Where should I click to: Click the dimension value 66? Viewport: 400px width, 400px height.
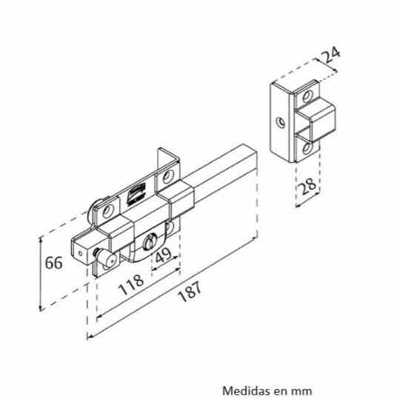pos(53,263)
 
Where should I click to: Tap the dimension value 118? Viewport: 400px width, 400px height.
pos(131,284)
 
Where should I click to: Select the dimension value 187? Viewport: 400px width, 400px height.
pos(190,292)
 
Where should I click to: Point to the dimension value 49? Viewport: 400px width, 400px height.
pos(164,255)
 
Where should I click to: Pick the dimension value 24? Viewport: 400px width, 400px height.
pos(330,55)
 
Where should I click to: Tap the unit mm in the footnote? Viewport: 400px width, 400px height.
pos(303,392)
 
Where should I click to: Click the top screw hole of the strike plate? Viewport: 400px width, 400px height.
pos(307,96)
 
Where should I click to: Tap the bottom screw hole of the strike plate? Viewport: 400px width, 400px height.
pos(307,148)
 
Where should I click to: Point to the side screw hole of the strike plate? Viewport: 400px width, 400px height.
pos(281,122)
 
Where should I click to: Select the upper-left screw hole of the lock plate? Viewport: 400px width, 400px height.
pos(108,211)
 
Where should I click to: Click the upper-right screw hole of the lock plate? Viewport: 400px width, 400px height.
pos(168,177)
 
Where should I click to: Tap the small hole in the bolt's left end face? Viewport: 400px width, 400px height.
pos(81,253)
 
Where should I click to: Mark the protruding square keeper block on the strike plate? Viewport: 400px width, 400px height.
pos(316,119)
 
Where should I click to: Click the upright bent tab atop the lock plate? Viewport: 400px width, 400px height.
pos(168,167)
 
